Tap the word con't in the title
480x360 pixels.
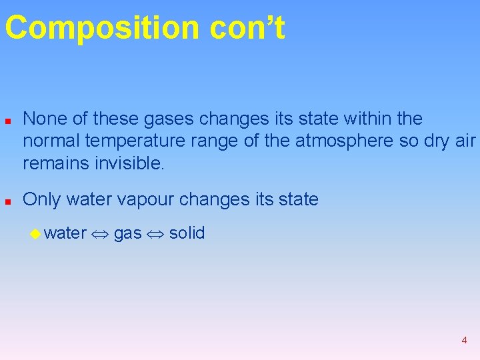pos(247,29)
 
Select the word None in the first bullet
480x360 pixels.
pos(43,119)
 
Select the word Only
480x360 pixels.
pos(41,199)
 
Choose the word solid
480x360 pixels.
pos(187,233)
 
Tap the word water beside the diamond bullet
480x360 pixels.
pos(65,233)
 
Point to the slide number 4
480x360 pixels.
pos(464,341)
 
